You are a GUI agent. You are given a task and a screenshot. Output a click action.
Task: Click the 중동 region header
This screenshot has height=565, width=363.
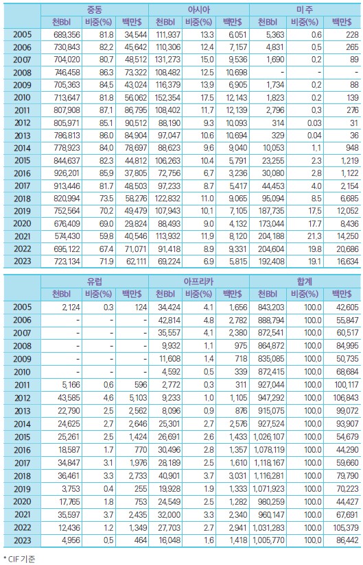click(95, 10)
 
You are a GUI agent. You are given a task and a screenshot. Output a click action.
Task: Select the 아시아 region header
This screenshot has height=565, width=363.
click(199, 10)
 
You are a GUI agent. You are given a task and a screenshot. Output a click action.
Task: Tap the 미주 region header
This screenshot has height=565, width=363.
click(305, 10)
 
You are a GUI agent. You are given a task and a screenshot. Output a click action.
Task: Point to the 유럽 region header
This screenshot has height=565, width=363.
click(95, 281)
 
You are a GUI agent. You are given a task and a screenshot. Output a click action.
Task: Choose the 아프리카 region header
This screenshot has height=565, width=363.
click(199, 281)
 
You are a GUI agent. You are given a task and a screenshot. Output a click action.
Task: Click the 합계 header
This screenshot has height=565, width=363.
click(305, 281)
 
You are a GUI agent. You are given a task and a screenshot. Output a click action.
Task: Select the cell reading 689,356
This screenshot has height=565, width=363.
click(67, 35)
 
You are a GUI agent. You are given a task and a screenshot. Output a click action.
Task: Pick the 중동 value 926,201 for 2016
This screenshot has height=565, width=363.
click(67, 173)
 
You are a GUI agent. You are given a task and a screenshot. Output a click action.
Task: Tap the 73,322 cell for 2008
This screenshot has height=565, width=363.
click(133, 73)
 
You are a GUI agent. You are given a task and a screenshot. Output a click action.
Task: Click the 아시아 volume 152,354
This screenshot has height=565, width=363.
click(168, 98)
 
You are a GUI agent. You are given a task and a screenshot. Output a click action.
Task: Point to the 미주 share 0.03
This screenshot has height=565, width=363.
click(314, 123)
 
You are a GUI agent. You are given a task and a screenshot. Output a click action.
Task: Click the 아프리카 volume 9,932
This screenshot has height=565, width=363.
click(172, 346)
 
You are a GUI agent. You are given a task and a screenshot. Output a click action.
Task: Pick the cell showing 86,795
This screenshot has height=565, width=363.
click(133, 110)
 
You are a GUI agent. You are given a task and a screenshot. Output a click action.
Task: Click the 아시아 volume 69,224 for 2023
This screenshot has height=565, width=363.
click(169, 261)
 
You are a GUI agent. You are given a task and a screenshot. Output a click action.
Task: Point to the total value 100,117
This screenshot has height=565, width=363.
click(347, 385)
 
